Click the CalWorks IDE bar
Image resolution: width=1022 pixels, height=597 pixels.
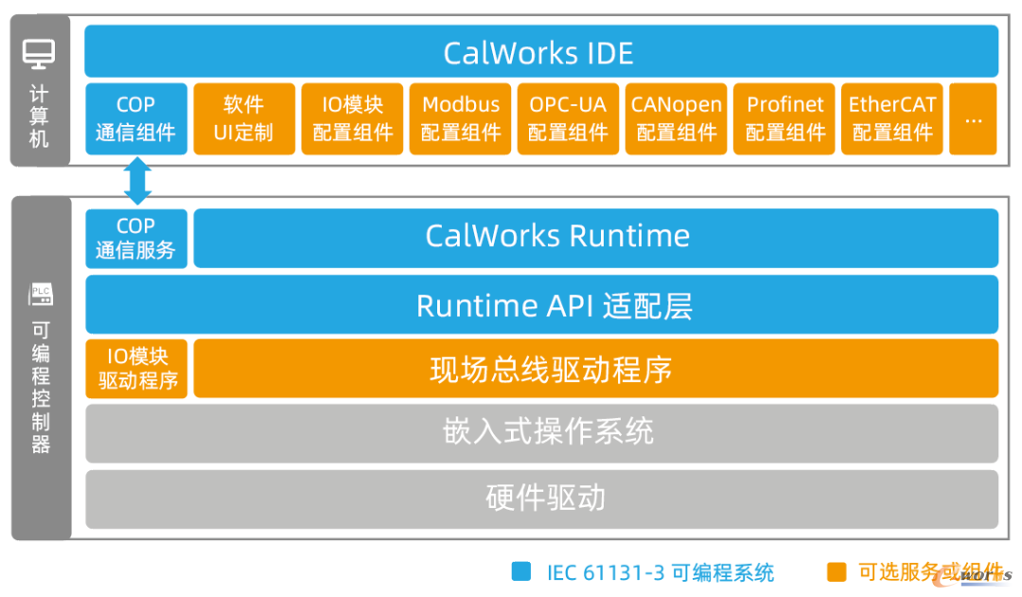(x=541, y=51)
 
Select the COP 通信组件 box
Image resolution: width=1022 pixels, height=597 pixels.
(x=136, y=118)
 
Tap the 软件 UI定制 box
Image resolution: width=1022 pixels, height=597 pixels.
(x=244, y=118)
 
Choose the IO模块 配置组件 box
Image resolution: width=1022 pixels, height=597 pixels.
(x=352, y=118)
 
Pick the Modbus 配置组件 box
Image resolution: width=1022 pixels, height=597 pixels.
(x=460, y=118)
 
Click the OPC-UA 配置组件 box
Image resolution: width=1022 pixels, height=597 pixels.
(x=568, y=118)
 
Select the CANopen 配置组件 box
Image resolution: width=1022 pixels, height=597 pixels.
(x=676, y=118)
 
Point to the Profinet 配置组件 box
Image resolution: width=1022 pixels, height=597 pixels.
(x=784, y=118)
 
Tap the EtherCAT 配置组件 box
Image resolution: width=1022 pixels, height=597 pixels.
(x=891, y=118)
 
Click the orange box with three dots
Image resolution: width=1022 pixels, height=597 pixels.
(x=973, y=118)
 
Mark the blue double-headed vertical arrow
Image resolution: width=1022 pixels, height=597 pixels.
(x=137, y=182)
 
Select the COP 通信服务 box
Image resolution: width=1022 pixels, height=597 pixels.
(x=136, y=238)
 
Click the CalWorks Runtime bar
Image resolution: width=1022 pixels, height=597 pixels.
(x=596, y=237)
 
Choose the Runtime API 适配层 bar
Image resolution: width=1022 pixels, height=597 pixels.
(x=541, y=305)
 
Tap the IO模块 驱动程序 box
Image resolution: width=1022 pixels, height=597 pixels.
(x=136, y=369)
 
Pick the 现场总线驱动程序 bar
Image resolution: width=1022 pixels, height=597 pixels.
(x=596, y=368)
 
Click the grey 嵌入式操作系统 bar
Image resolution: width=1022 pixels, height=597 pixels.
(x=541, y=433)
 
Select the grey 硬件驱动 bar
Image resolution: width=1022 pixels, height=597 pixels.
(x=541, y=500)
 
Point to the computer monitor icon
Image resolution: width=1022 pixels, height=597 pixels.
(x=39, y=54)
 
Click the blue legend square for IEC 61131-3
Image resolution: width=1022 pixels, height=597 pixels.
(x=521, y=571)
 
